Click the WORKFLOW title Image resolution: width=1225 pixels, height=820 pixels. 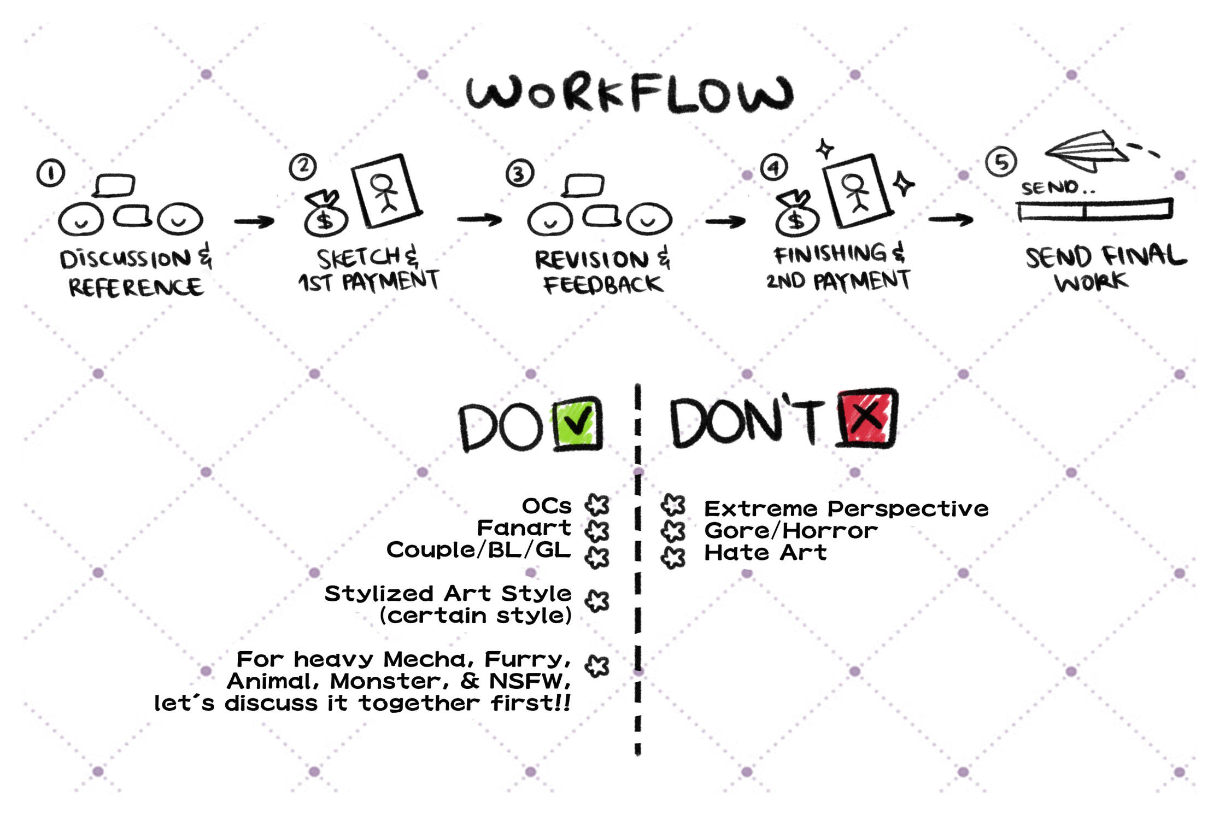coord(630,94)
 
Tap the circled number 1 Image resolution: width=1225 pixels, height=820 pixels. coord(51,173)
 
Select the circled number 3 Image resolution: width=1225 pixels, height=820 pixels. coord(519,173)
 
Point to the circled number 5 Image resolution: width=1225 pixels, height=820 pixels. coord(1001,162)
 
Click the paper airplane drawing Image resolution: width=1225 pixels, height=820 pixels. coord(1088,151)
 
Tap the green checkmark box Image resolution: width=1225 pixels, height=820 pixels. coord(577,424)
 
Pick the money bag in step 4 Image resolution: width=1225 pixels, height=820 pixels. coord(797,214)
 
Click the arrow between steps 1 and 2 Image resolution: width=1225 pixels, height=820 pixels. coord(254,221)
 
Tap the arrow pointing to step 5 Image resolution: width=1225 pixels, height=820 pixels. coord(951,220)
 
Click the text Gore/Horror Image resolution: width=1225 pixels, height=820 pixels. coord(790,530)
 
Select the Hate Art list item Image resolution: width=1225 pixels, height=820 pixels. coord(765,553)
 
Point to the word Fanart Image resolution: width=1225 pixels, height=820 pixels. coord(524,528)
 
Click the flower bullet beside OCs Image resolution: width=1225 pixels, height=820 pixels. coord(597,505)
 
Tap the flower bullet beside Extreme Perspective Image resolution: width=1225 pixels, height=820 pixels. coord(673,505)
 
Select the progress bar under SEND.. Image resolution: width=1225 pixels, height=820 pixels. coord(1095,210)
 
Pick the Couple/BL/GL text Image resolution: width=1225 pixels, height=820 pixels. coord(478,549)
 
